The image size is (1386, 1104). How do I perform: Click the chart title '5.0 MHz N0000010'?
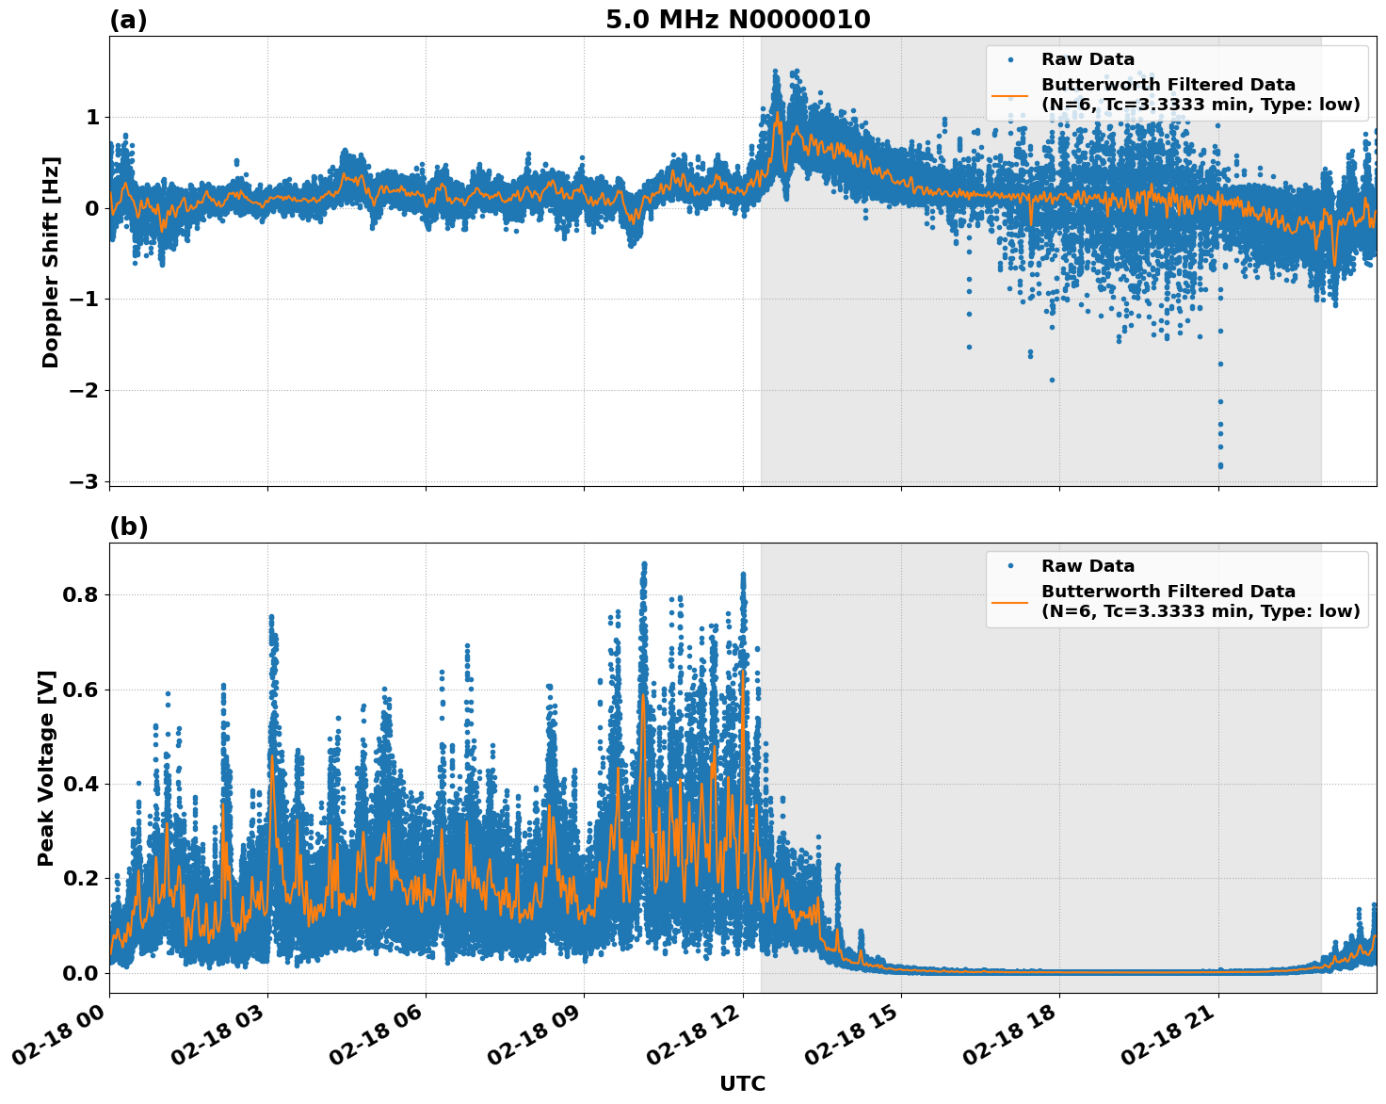[737, 20]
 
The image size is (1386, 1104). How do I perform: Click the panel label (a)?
[128, 20]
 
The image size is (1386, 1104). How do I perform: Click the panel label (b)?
[128, 527]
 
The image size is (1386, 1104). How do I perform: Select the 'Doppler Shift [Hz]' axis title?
[51, 262]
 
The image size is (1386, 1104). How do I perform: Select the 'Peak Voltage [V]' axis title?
[47, 768]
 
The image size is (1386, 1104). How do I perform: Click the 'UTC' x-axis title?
[742, 1083]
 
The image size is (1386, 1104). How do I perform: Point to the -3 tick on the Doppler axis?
[84, 481]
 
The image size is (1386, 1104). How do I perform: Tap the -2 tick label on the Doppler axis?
[84, 390]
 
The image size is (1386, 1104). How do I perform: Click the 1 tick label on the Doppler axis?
[92, 117]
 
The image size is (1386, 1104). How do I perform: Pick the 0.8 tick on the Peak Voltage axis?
[80, 594]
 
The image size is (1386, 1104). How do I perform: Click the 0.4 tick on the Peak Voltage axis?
[80, 784]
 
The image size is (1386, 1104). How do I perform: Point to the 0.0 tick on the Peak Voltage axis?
[80, 973]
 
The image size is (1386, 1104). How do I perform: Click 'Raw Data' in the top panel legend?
[1088, 59]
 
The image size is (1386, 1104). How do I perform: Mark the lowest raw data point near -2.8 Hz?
[1220, 465]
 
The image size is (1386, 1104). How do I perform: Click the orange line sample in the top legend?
[1010, 94]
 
